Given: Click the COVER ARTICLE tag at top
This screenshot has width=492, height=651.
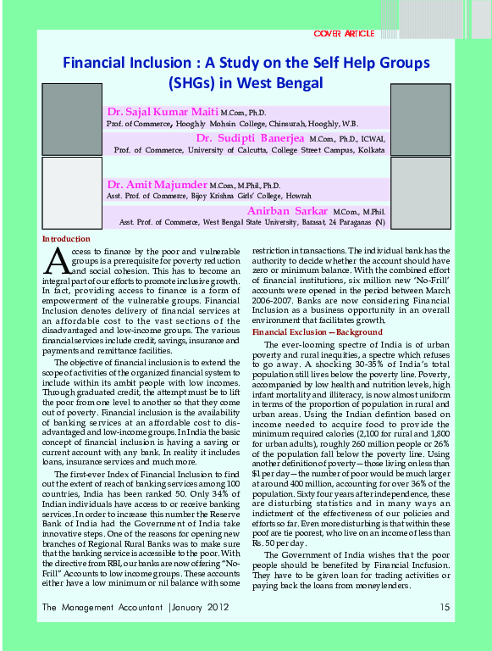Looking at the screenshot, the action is [344, 33].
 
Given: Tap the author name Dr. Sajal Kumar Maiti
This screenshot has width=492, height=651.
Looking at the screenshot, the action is [162, 112].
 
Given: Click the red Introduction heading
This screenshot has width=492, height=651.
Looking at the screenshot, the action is [66, 240].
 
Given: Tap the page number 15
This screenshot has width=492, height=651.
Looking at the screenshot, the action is [445, 607].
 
